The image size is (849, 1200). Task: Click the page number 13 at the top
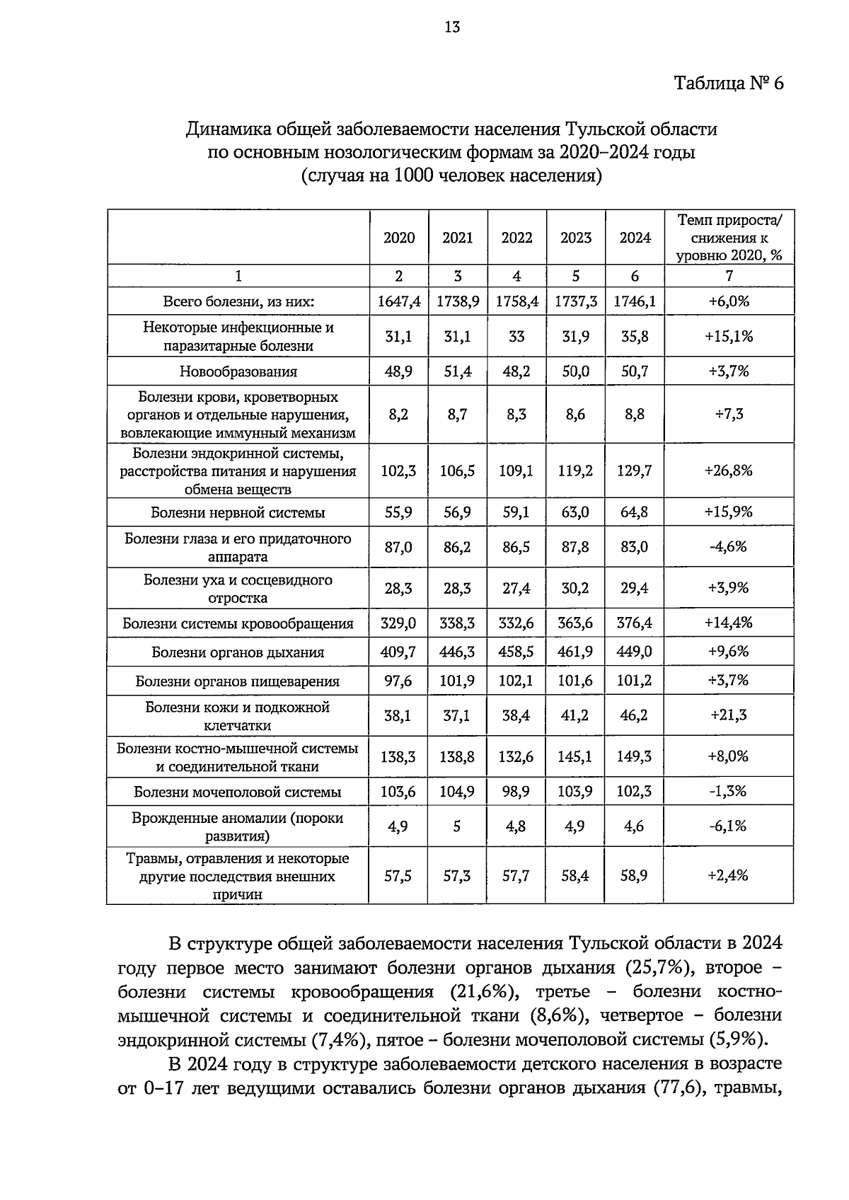(452, 27)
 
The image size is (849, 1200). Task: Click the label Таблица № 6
(729, 83)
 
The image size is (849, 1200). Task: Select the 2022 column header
(516, 238)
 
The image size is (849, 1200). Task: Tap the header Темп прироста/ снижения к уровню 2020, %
(729, 238)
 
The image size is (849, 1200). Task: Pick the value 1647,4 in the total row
(399, 301)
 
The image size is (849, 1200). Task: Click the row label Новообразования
(238, 371)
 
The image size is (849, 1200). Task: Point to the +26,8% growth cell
(729, 471)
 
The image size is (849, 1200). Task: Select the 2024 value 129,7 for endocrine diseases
(635, 471)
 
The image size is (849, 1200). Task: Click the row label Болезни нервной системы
(238, 512)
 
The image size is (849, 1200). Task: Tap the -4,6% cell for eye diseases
(729, 547)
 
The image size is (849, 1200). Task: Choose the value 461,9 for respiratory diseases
(575, 652)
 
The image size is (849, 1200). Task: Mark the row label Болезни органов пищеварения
(238, 681)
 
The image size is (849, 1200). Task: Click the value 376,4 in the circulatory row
(635, 623)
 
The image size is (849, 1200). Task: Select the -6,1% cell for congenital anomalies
(729, 826)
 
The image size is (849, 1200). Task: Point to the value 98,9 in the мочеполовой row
(516, 792)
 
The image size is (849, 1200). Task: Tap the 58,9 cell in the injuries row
(635, 876)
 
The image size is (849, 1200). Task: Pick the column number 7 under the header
(729, 276)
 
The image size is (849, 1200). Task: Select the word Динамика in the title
(224, 129)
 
